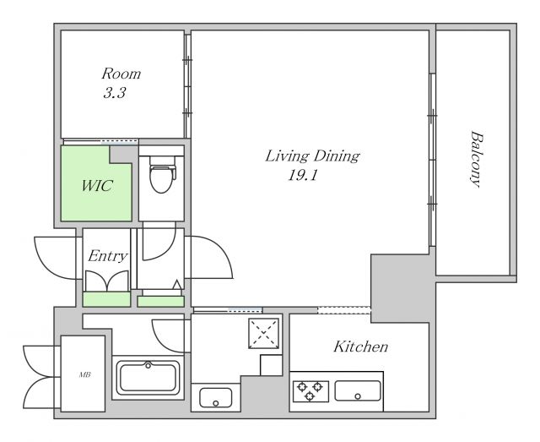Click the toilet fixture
(162, 174)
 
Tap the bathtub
(148, 378)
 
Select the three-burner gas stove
(310, 391)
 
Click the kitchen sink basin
(358, 391)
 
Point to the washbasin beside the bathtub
(216, 398)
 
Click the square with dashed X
(263, 333)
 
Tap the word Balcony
(476, 159)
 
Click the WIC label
(97, 186)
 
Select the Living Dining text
(312, 156)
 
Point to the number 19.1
(302, 176)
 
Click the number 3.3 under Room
(115, 93)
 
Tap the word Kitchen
(360, 347)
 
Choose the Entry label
(107, 256)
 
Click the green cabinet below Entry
(107, 299)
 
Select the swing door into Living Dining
(209, 257)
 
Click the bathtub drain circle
(148, 365)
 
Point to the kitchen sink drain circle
(358, 396)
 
